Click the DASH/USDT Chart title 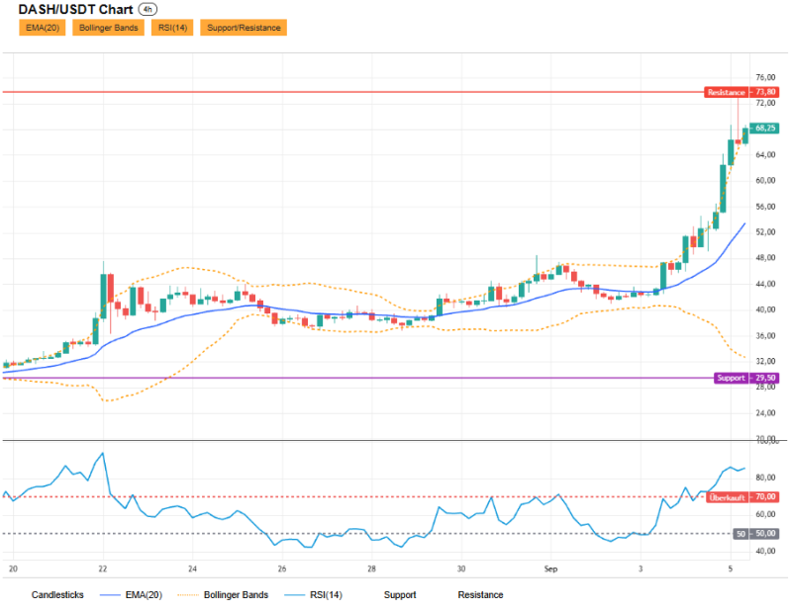click(75, 10)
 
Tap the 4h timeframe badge click(148, 10)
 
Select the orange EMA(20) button click(43, 28)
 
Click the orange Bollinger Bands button click(108, 28)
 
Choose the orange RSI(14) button click(172, 28)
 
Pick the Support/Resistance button click(244, 28)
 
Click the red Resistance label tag click(726, 93)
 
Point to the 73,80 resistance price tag click(765, 92)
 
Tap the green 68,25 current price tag click(765, 129)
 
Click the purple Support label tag click(731, 378)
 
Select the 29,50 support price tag click(765, 378)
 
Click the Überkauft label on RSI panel click(727, 497)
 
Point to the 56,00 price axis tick click(765, 207)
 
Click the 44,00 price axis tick click(765, 284)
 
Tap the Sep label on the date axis click(551, 569)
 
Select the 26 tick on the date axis click(282, 569)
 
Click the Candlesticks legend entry click(57, 595)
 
